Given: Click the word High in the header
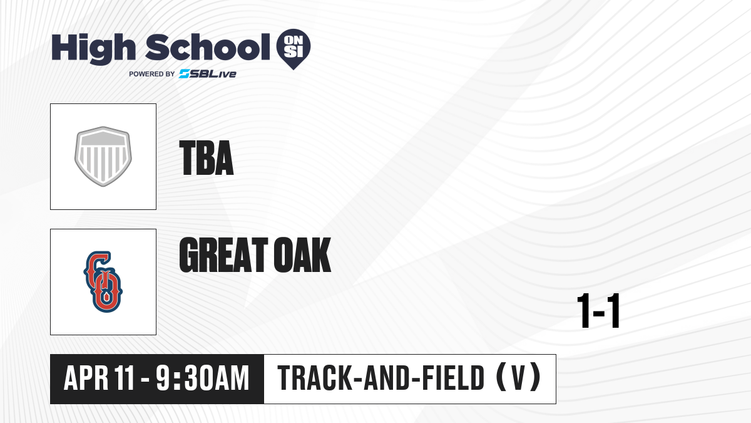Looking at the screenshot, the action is click(x=93, y=49).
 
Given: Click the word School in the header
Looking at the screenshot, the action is click(x=208, y=47).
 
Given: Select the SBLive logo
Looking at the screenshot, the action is click(x=208, y=74).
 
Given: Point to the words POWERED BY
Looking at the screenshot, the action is click(x=152, y=74).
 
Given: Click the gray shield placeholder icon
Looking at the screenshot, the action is click(x=103, y=157).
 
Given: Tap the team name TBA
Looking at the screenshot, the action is click(x=207, y=158).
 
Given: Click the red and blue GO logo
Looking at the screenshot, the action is click(x=103, y=281).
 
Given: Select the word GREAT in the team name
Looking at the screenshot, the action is click(x=223, y=255).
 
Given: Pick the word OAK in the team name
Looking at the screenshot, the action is click(x=302, y=255).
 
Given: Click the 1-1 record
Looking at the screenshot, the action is click(x=598, y=311).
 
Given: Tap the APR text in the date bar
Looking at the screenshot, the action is click(x=86, y=379).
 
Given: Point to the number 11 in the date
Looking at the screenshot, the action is click(x=124, y=379).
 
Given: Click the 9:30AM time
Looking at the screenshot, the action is click(x=203, y=379).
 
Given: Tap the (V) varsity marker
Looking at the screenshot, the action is click(x=518, y=379).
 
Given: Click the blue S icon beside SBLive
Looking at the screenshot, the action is click(x=185, y=74).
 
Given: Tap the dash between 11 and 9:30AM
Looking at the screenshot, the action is click(x=145, y=380).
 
